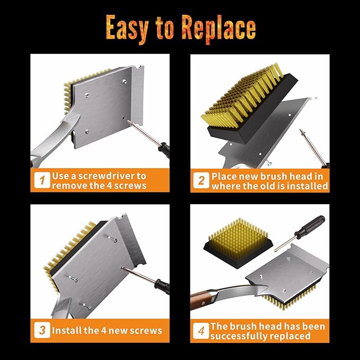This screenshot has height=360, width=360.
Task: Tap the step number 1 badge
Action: pyautogui.click(x=41, y=181)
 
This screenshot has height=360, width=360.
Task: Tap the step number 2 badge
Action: pyautogui.click(x=201, y=181)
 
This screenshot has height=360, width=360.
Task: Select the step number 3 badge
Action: pyautogui.click(x=41, y=330)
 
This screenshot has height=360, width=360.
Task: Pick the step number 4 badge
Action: pyautogui.click(x=201, y=330)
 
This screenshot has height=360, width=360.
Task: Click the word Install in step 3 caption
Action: pyautogui.click(x=67, y=330)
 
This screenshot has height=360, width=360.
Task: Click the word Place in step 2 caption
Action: pyautogui.click(x=226, y=176)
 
